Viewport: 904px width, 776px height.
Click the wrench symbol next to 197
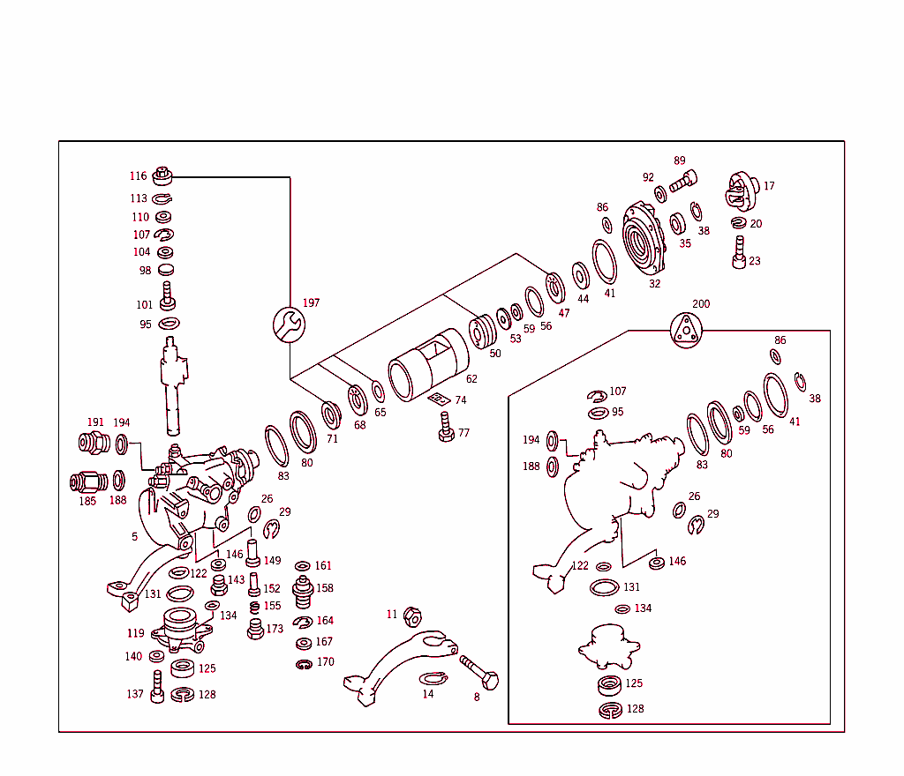click(x=289, y=325)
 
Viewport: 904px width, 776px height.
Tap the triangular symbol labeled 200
click(x=686, y=331)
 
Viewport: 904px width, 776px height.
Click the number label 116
click(x=139, y=176)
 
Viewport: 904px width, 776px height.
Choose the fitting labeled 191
click(x=94, y=443)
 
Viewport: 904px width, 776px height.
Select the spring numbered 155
click(x=254, y=607)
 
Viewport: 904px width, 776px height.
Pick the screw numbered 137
click(x=157, y=688)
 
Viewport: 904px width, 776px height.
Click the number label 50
click(x=495, y=354)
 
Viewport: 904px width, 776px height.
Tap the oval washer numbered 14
click(x=433, y=677)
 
